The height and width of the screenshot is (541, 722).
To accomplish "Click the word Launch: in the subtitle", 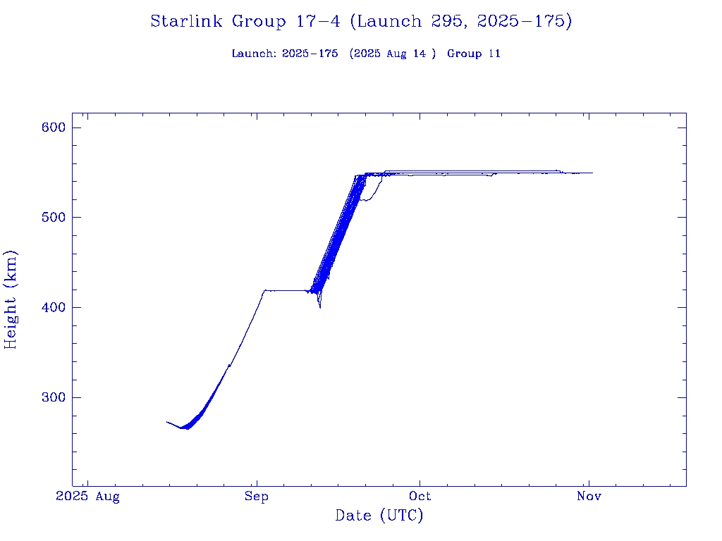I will pyautogui.click(x=255, y=54).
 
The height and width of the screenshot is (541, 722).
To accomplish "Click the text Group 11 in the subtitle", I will pyautogui.click(x=474, y=54).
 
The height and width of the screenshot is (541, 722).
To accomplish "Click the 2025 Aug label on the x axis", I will pyautogui.click(x=87, y=497).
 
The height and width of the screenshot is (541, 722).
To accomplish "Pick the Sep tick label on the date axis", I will pyautogui.click(x=257, y=497).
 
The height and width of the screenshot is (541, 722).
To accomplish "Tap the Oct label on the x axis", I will pyautogui.click(x=420, y=497).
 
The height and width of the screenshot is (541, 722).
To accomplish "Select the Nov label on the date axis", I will pyautogui.click(x=589, y=497).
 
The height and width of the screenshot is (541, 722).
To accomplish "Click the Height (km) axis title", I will pyautogui.click(x=11, y=299).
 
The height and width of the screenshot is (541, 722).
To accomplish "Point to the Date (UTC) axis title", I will pyautogui.click(x=379, y=516).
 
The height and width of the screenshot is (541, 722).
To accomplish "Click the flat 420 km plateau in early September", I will pyautogui.click(x=286, y=290).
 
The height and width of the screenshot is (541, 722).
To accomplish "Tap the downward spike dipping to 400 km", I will pyautogui.click(x=320, y=306).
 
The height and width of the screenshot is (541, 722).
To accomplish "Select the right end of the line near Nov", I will pyautogui.click(x=592, y=173).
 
